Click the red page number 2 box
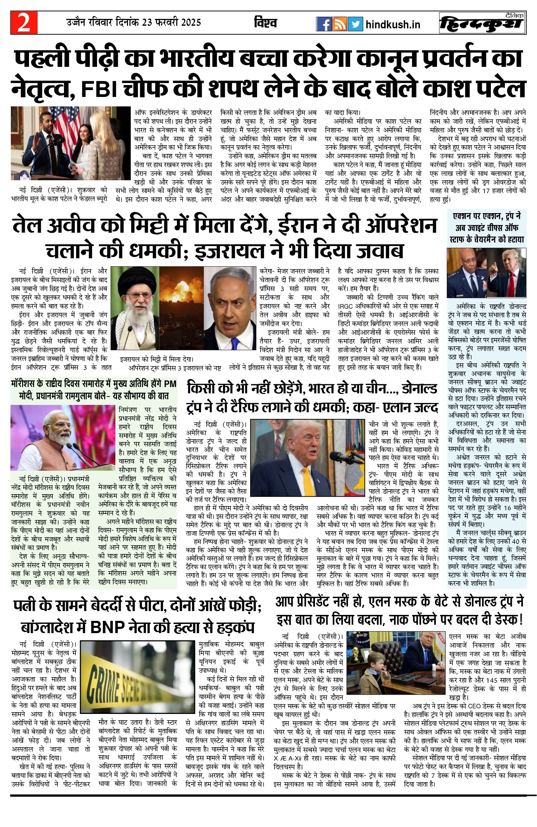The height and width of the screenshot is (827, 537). click(x=24, y=23)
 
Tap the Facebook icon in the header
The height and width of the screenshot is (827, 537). click(x=324, y=24)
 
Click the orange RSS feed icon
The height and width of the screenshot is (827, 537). click(x=339, y=24)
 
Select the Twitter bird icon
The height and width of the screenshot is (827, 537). click(x=355, y=24)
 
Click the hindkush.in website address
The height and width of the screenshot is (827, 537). click(x=393, y=24)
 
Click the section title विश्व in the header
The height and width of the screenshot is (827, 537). click(x=265, y=23)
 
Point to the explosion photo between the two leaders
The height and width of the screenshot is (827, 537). click(x=181, y=308)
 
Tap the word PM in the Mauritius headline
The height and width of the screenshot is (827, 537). click(x=170, y=384)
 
